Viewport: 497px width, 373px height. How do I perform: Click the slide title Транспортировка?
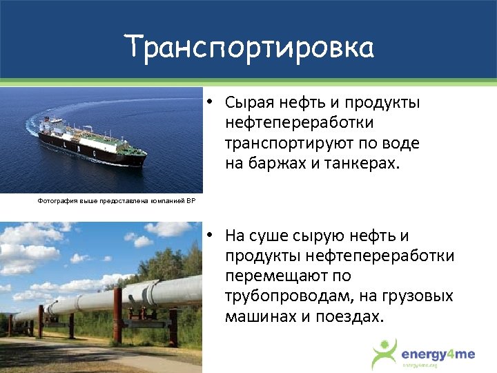point(249,48)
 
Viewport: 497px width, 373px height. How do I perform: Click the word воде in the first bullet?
point(402,144)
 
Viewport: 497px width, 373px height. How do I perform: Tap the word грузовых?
point(418,296)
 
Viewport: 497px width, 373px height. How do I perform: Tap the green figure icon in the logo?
point(384,354)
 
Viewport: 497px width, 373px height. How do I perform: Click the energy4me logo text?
point(438,354)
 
